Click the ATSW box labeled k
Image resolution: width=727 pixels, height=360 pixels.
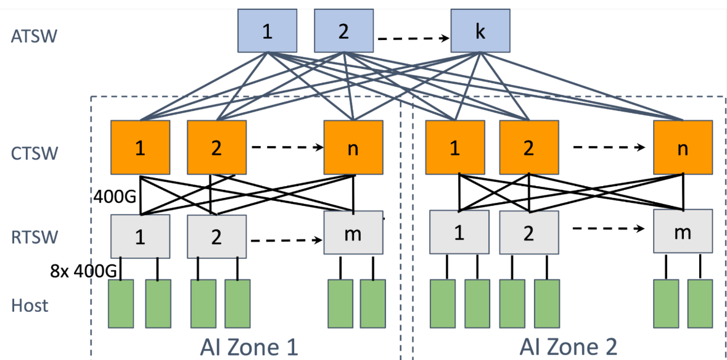[480, 31]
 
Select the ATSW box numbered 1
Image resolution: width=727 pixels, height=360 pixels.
[267, 31]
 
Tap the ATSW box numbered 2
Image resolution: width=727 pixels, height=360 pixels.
[343, 31]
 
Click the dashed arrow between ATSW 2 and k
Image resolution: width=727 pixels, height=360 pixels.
[413, 39]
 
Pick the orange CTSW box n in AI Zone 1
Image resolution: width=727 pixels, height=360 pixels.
[353, 148]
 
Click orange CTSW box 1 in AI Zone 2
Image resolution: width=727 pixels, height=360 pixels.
[454, 148]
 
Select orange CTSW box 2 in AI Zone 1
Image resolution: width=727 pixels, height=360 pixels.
[216, 148]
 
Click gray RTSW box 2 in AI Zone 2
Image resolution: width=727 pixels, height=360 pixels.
[529, 232]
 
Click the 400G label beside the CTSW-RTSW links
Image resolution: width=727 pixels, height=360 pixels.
[115, 197]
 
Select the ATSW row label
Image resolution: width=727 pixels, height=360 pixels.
[34, 36]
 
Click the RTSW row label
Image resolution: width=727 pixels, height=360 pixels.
[35, 236]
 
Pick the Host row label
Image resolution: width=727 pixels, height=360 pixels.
[30, 305]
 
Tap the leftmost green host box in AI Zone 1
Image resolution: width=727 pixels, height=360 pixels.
[121, 304]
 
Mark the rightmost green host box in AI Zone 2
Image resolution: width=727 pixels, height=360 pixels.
[700, 304]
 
